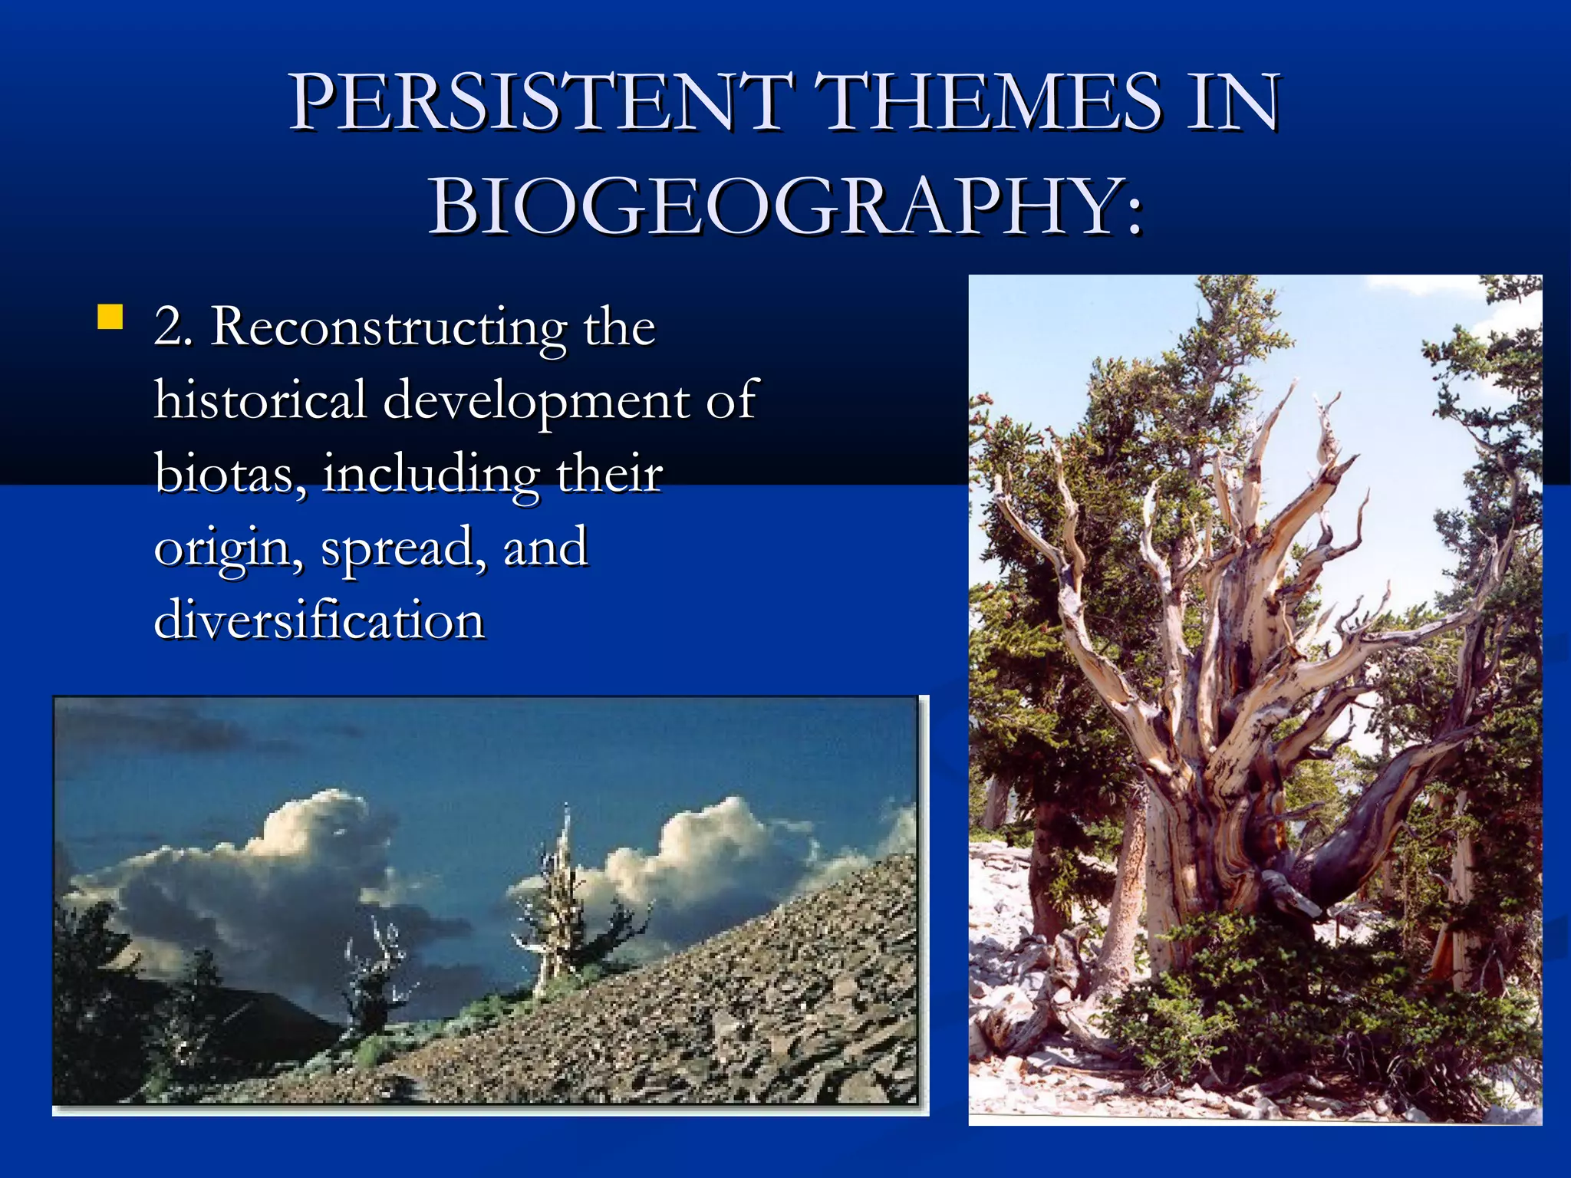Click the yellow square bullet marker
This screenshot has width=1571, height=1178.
110,317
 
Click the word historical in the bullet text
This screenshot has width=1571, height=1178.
260,400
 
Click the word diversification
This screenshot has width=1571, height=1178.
319,620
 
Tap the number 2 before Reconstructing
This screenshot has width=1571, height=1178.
171,327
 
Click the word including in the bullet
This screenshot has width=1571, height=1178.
430,475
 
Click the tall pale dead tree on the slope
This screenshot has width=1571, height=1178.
560,897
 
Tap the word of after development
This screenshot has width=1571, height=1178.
731,400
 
